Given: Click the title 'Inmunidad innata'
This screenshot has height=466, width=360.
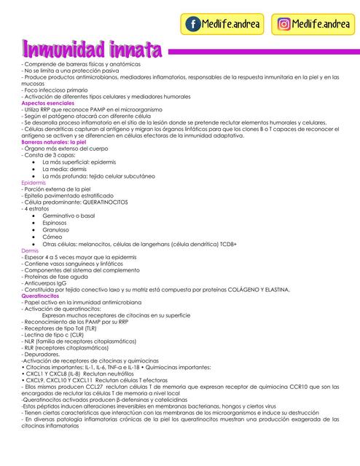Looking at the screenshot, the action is point(92,51).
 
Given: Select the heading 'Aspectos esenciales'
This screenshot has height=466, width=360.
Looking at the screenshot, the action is point(47,104).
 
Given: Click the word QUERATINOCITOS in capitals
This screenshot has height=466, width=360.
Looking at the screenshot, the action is point(109,202).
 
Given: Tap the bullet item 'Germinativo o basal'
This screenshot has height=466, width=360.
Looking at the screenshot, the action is point(69,216).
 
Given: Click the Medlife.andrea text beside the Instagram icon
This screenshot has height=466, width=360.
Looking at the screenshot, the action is point(321,24).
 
